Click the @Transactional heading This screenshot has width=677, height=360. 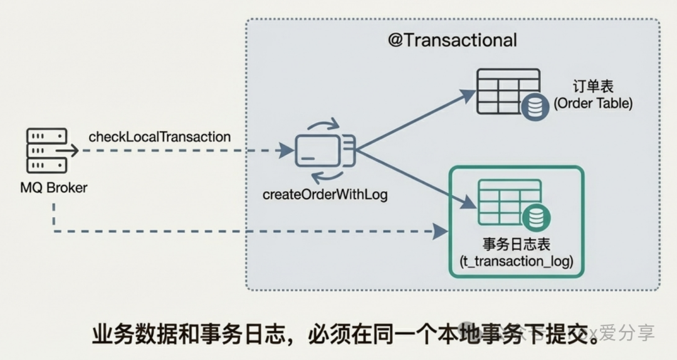click(x=452, y=40)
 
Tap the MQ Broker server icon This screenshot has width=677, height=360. click(x=46, y=151)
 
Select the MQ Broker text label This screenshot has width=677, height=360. click(x=53, y=188)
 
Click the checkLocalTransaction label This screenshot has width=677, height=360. click(x=159, y=136)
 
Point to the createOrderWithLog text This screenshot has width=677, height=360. click(x=325, y=194)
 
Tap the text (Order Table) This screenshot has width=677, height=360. click(x=593, y=103)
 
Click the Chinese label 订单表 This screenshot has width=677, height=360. click(x=592, y=86)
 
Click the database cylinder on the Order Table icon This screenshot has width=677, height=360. click(x=535, y=107)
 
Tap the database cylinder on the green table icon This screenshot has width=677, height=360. click(x=537, y=218)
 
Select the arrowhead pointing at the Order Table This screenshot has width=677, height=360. click(x=468, y=95)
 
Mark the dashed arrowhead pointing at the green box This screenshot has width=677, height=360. click(x=441, y=231)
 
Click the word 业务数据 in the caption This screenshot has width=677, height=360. click(x=136, y=334)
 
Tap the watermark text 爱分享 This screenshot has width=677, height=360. click(x=627, y=333)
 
